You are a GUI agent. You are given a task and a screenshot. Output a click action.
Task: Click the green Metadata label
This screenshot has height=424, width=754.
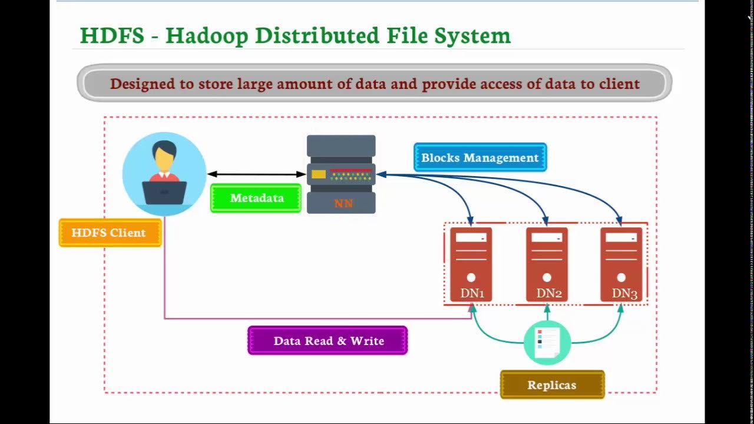[x=256, y=198]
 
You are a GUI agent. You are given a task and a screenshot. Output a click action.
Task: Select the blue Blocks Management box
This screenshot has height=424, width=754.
[x=479, y=158]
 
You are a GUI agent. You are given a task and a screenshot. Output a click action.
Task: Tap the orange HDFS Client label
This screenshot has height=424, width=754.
[x=109, y=233]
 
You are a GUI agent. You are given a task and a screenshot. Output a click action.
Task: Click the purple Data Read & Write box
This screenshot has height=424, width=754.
[x=328, y=341]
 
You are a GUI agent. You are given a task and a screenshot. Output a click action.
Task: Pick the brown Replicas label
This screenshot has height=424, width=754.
[x=552, y=385]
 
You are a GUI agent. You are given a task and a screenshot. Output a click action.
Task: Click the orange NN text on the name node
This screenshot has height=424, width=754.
[x=343, y=204]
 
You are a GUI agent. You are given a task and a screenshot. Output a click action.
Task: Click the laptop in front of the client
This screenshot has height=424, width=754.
[x=164, y=192]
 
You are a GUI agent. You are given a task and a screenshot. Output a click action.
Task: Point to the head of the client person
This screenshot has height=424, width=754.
[x=164, y=155]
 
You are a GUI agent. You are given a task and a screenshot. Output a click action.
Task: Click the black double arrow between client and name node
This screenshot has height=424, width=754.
[x=256, y=174]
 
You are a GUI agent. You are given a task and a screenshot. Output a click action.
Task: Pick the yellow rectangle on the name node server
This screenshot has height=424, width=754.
[x=319, y=174]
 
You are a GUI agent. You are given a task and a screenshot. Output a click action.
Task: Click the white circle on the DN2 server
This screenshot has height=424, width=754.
[x=547, y=277]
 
